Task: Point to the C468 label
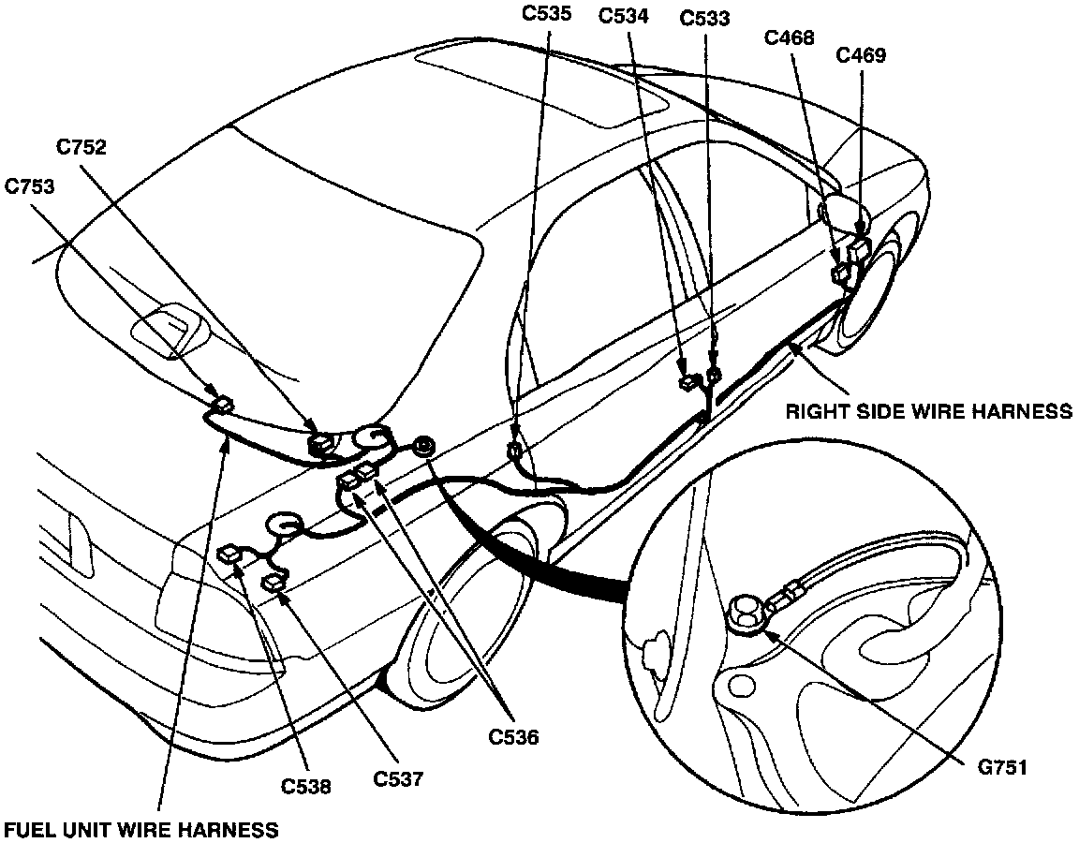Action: point(789,37)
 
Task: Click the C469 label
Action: point(861,55)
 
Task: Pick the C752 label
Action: point(81,147)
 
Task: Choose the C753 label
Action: point(29,185)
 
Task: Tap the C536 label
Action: point(514,736)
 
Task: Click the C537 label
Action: point(399,777)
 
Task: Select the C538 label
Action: point(305,787)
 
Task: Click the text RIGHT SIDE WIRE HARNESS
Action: point(928,410)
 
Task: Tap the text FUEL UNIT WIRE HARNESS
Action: point(140,829)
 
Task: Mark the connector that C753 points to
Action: point(224,406)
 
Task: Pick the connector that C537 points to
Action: point(274,583)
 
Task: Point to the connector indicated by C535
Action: point(514,451)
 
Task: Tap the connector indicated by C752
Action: point(321,443)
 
